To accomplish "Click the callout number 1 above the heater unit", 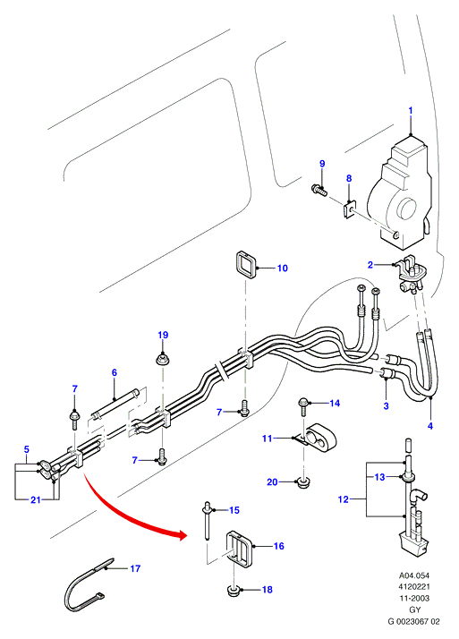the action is pos(411,110).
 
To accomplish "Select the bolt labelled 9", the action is pos(319,190).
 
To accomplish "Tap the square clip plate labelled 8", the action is pos(348,210).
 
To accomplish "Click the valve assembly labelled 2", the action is pos(411,272).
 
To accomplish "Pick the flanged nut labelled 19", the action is pos(163,360).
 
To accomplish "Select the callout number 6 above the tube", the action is pos(114,372).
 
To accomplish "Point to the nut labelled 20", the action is pos(302,483).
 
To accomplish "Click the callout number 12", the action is pos(344,499).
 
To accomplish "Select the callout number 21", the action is pos(36,499).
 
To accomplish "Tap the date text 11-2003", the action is pos(413,598).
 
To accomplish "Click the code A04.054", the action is pos(413,575).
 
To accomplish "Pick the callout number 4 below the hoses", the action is pos(430,426).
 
